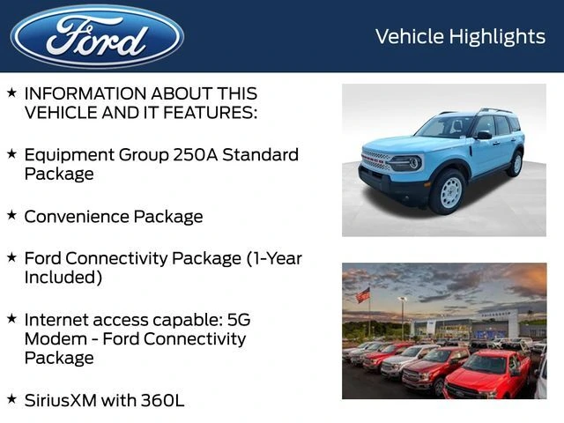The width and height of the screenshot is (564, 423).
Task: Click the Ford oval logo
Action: tap(97, 36)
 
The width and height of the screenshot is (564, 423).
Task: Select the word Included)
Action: tap(63, 278)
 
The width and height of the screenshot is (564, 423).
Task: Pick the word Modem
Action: tap(53, 338)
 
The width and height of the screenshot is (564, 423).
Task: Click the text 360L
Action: tap(162, 400)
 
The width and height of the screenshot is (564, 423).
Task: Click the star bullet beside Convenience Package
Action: tap(11, 214)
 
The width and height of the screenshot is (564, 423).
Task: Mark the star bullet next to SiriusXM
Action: tap(11, 398)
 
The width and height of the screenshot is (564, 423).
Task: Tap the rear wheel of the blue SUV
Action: tap(515, 164)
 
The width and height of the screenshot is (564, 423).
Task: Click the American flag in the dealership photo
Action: tap(363, 295)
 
